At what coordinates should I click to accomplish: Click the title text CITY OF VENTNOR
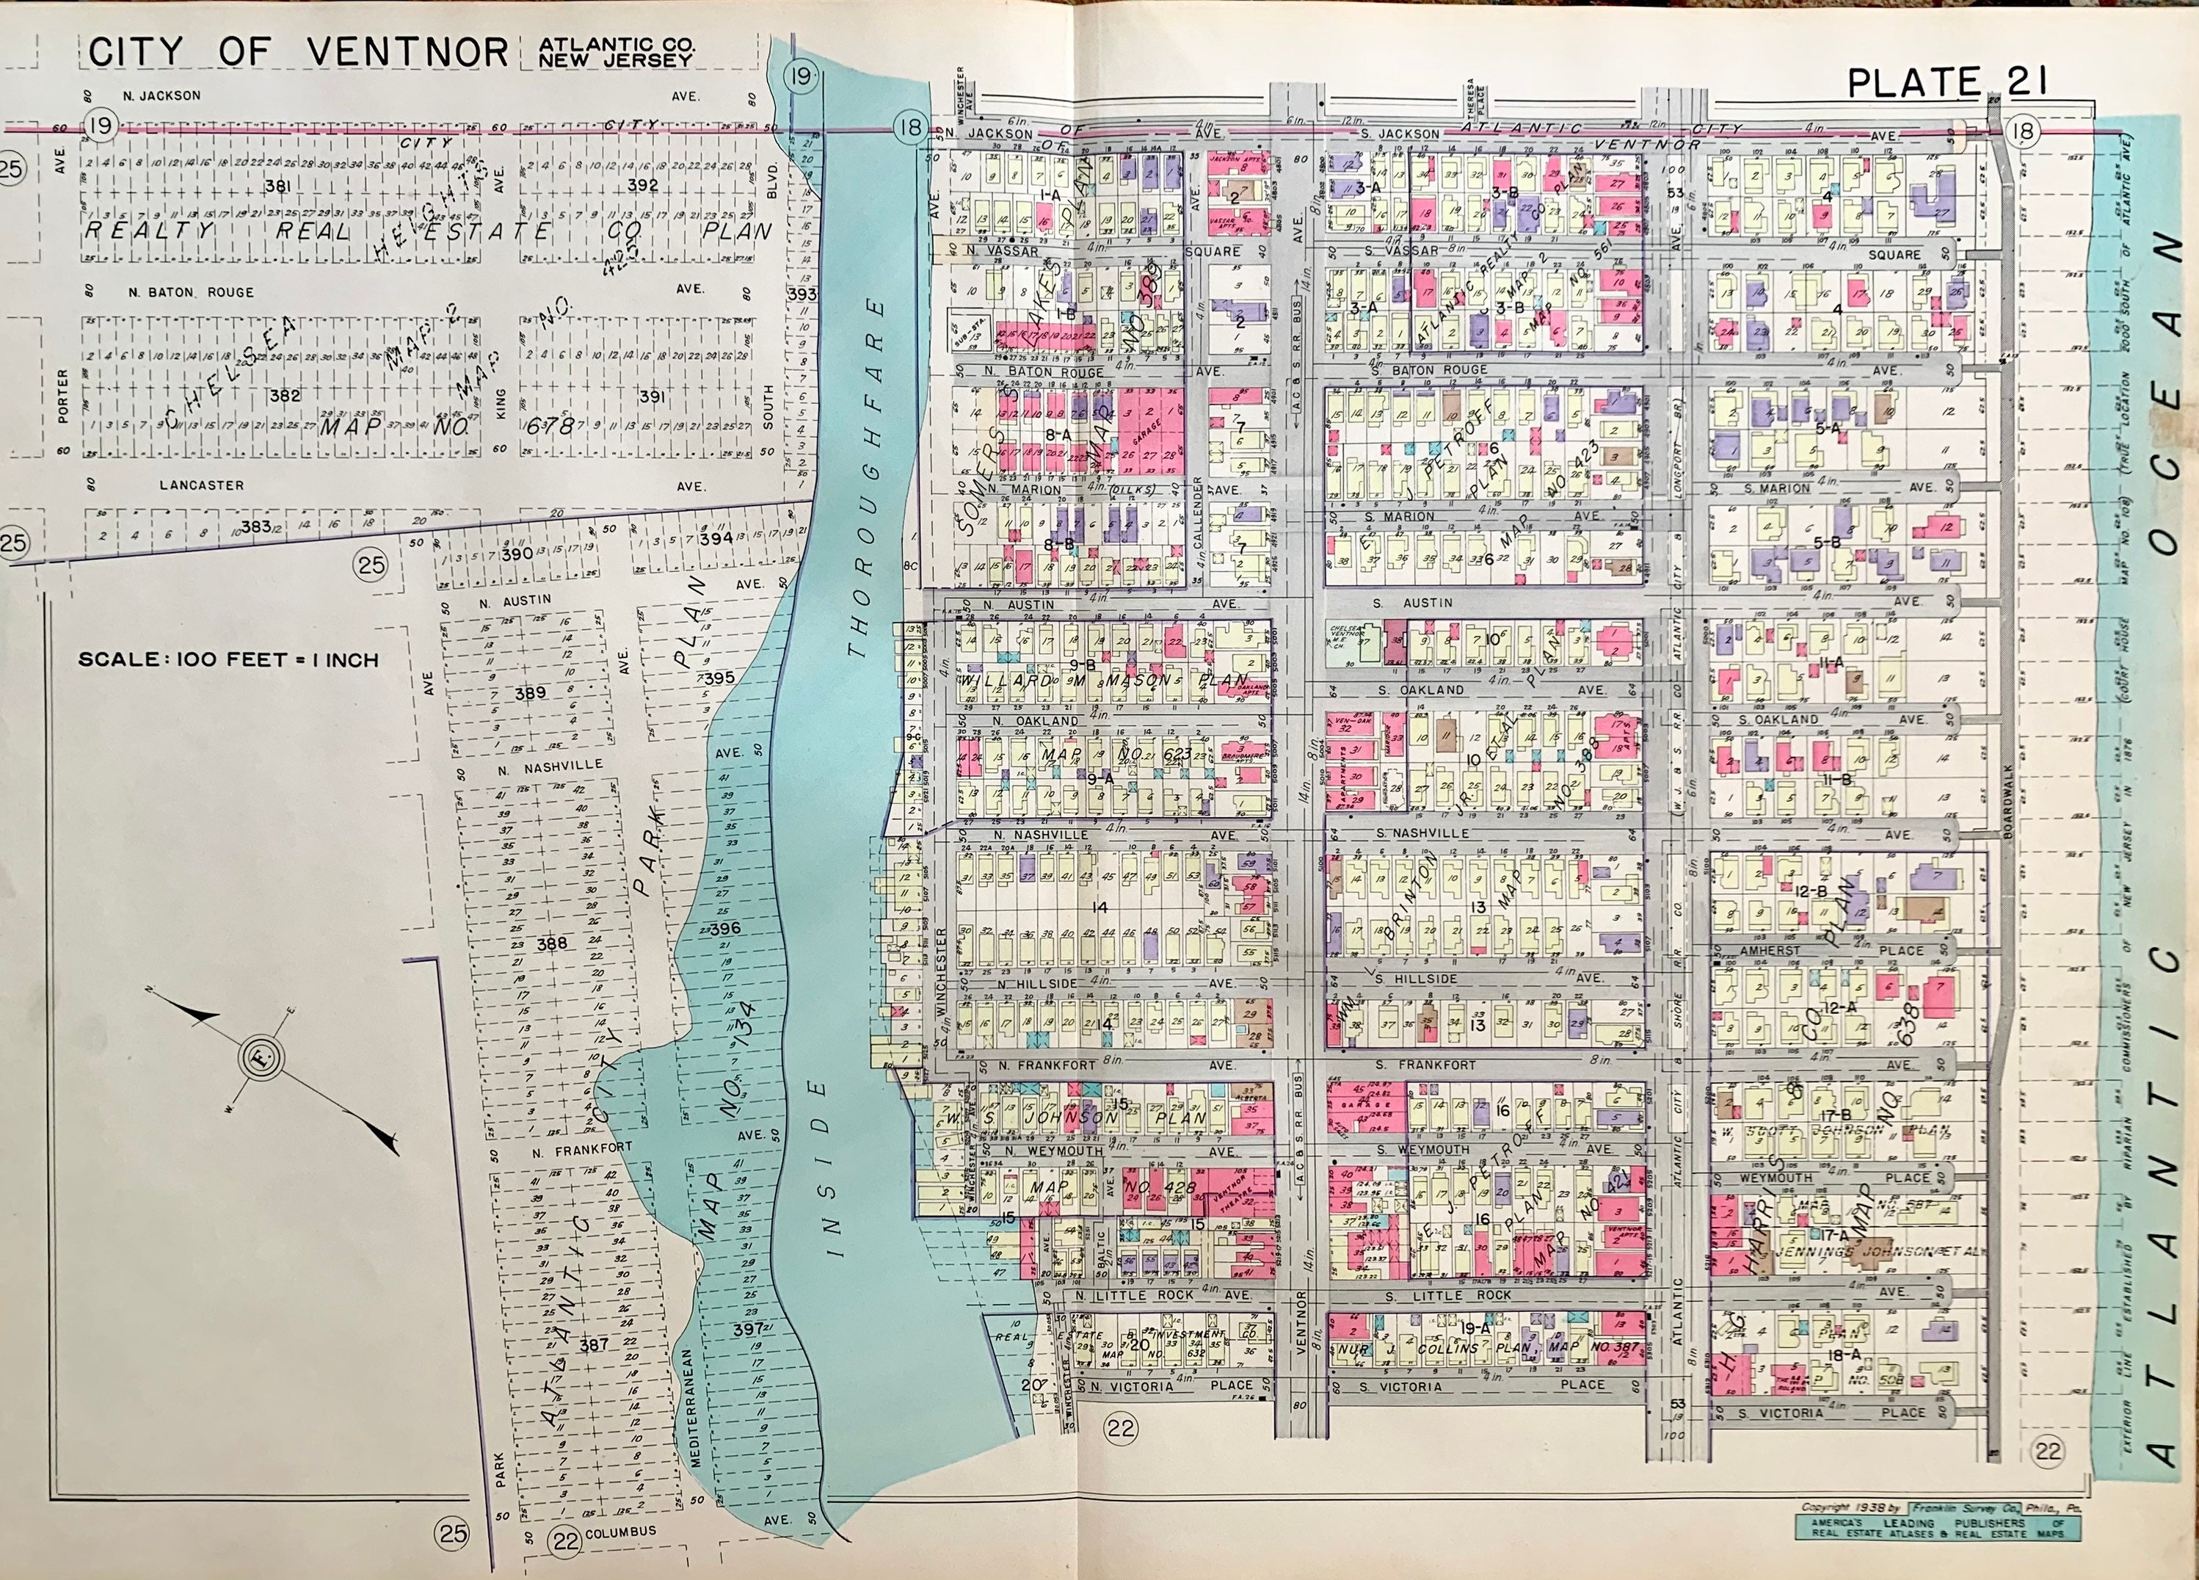pyautogui.click(x=298, y=52)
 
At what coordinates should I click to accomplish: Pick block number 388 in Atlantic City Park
pyautogui.click(x=552, y=943)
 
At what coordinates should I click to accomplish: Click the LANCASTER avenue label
pyautogui.click(x=202, y=485)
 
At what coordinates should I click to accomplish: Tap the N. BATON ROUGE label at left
pyautogui.click(x=190, y=292)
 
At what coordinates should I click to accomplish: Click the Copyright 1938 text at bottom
pyautogui.click(x=1833, y=1508)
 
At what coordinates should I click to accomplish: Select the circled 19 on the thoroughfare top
pyautogui.click(x=801, y=76)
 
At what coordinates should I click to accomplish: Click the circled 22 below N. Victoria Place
pyautogui.click(x=1121, y=1428)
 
